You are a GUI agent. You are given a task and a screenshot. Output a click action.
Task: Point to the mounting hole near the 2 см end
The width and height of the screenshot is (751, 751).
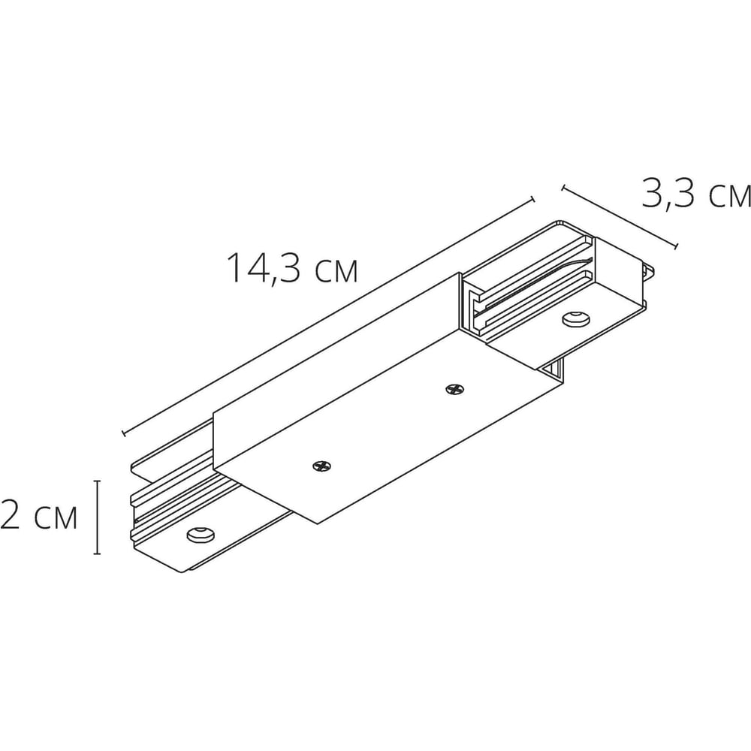(201, 535)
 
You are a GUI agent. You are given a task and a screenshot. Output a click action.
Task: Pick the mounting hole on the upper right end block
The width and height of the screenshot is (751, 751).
(576, 318)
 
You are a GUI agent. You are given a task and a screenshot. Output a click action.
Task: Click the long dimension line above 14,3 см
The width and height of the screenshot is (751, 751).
(328, 316)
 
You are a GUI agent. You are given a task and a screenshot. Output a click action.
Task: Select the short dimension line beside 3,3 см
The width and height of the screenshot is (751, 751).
(619, 217)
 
